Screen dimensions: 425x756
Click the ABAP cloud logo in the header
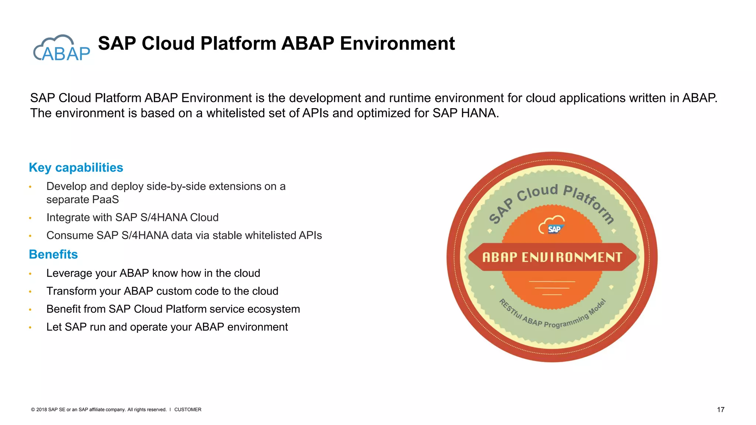(x=62, y=48)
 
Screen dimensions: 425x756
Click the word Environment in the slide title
(x=397, y=44)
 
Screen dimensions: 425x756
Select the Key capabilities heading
(x=76, y=167)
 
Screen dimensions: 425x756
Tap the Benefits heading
(x=53, y=255)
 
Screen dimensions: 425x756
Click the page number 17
(x=720, y=410)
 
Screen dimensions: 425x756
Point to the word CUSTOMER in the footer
(x=188, y=410)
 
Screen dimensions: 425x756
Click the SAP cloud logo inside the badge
(x=551, y=225)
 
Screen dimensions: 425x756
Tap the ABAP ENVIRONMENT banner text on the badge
(x=552, y=257)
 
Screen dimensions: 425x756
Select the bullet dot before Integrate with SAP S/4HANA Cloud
(x=30, y=218)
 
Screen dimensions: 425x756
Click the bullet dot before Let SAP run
(x=30, y=328)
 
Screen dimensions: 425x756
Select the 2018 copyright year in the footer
(x=42, y=410)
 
